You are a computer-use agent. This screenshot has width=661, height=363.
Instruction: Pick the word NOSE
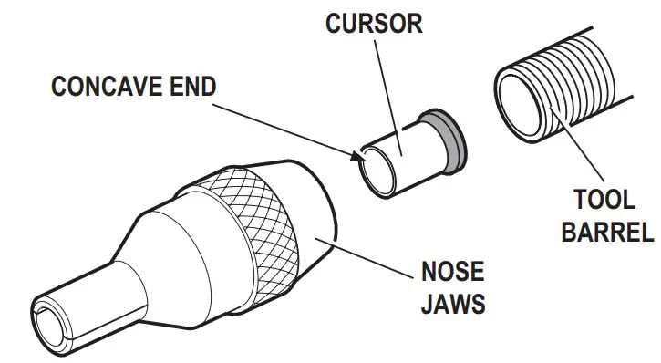(x=450, y=273)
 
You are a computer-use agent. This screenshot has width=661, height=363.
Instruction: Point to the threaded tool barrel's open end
(x=519, y=100)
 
